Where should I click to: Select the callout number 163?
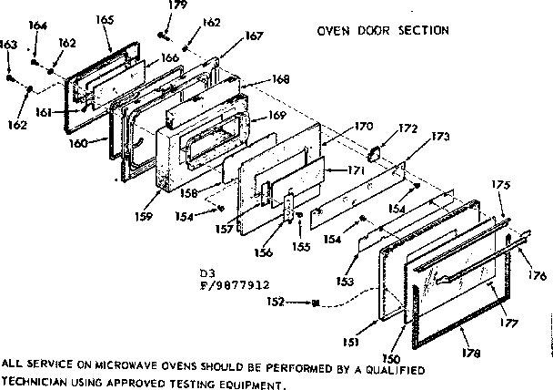[x=8, y=44]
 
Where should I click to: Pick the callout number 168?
[x=281, y=79]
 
